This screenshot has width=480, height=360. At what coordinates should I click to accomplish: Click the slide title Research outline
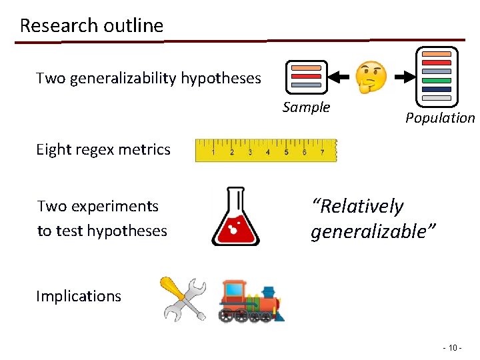point(91,25)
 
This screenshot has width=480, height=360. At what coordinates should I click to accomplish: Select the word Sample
point(306,107)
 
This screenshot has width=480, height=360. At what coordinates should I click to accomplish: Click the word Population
point(440,118)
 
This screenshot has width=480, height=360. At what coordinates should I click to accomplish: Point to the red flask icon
point(235,217)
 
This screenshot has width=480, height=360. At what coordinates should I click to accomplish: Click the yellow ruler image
point(266,150)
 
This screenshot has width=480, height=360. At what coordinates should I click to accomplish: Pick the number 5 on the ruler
point(286,152)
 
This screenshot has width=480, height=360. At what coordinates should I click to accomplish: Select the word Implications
point(79,296)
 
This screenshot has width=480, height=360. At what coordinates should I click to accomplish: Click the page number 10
point(451,348)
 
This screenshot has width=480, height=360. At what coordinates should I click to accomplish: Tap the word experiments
point(117,206)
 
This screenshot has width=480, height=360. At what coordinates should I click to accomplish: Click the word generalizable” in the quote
point(373,231)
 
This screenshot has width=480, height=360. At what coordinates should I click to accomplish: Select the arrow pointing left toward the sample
point(339,77)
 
